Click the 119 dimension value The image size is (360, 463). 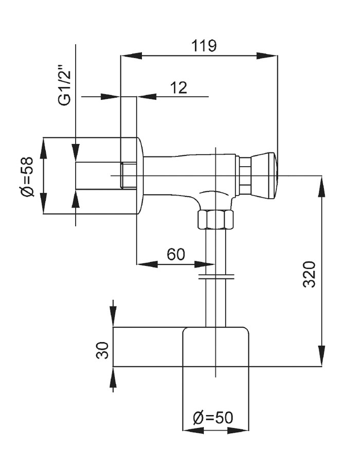point(205,46)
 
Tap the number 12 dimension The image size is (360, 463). point(178,88)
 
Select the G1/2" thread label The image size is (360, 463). point(64,85)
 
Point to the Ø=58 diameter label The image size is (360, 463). point(26,176)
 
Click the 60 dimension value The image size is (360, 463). point(176,255)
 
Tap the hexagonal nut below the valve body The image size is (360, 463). point(215,220)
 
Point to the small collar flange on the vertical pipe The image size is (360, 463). point(216,278)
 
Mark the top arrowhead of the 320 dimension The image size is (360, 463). point(322,183)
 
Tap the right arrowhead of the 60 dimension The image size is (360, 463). point(208,264)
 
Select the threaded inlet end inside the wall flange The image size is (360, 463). point(128,175)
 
